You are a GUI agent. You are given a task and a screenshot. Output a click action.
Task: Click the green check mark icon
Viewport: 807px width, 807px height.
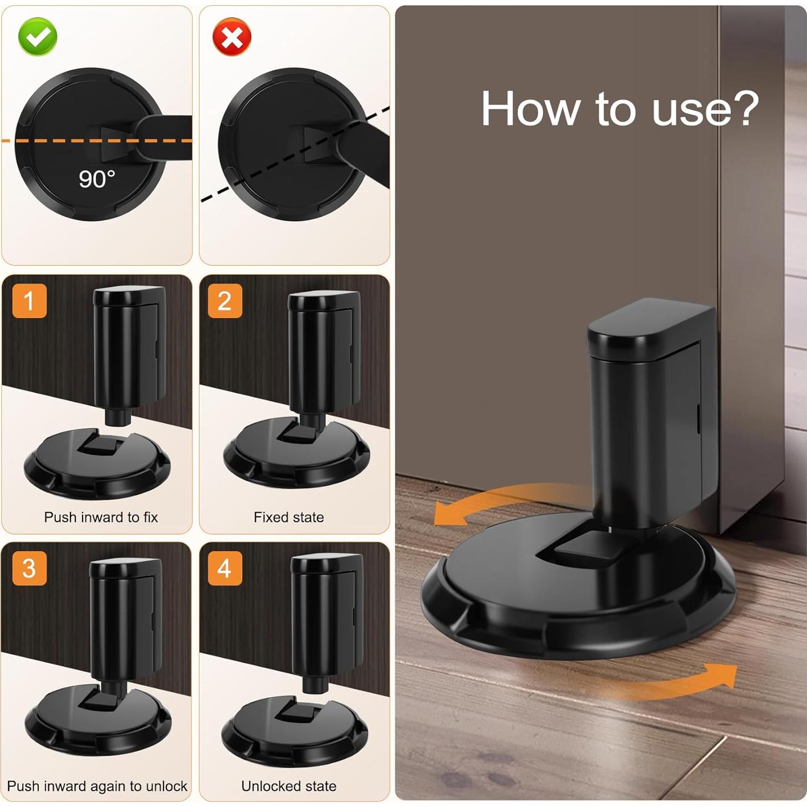[x=38, y=37]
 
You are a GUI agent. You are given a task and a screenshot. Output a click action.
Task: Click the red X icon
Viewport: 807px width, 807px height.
[x=232, y=37]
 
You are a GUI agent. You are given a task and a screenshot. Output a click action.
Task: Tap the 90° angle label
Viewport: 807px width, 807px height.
[x=97, y=179]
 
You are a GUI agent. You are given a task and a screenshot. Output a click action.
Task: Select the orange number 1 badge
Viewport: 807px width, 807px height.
[x=29, y=301]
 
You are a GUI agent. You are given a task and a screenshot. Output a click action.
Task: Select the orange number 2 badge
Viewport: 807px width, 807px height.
[x=224, y=301]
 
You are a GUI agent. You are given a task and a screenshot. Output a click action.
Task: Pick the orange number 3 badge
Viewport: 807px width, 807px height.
[x=29, y=568]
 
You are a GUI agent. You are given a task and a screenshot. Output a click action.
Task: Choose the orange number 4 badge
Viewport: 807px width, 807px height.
[x=224, y=568]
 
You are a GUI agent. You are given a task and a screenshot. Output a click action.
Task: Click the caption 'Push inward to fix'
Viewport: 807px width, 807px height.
[x=101, y=517]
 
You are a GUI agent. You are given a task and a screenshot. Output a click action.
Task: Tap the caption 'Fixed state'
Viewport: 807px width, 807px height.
[x=289, y=517]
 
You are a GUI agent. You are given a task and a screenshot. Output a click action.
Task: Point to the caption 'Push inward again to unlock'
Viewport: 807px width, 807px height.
[x=97, y=786]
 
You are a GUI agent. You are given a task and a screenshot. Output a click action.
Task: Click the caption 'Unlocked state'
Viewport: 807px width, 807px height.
[x=289, y=786]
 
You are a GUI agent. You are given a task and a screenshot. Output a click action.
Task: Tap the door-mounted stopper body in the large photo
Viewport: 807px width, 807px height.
[x=649, y=411]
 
